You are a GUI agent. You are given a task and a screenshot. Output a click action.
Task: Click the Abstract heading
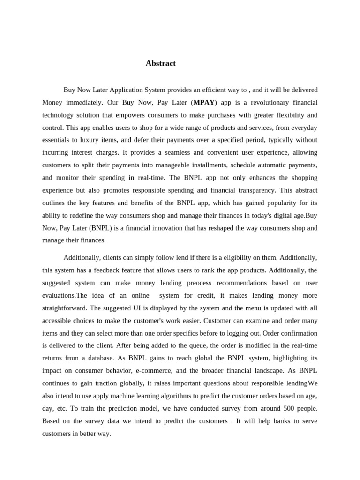point(160,63)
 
